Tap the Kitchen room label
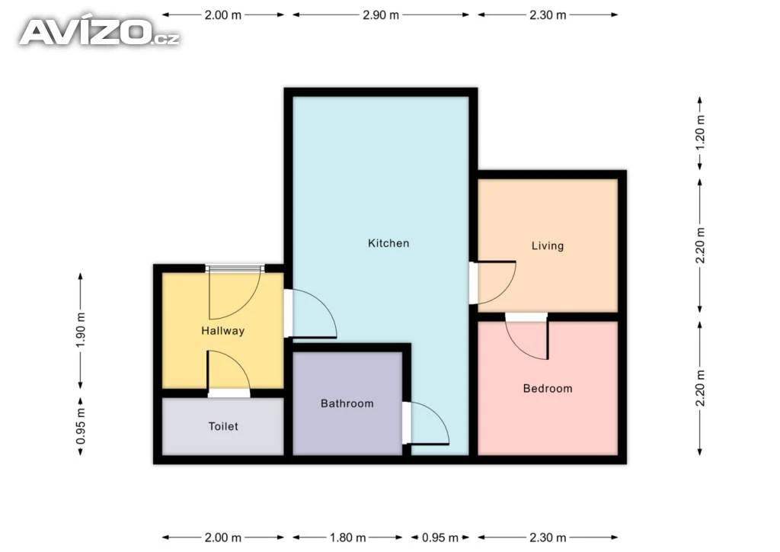[x=388, y=243]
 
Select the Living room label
[x=548, y=246]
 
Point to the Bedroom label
[x=548, y=388]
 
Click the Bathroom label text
[x=347, y=403]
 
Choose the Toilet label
[x=223, y=426]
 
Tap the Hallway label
[x=223, y=331]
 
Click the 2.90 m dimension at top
[x=381, y=15]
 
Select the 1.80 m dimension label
[x=347, y=538]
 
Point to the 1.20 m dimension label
[x=701, y=133]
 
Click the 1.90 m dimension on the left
[x=81, y=330]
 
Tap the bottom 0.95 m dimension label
[x=440, y=538]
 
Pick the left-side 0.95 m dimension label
[x=81, y=426]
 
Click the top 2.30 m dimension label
[x=548, y=15]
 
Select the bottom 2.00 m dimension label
[x=223, y=538]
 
